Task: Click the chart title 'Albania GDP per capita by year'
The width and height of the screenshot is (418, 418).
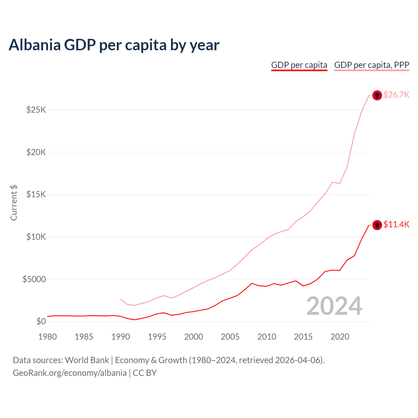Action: [x=114, y=45]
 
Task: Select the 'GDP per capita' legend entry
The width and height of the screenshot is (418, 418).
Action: [x=299, y=65]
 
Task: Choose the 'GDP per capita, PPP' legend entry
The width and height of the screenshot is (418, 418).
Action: [x=372, y=65]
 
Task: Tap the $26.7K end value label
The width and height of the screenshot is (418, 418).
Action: [x=396, y=95]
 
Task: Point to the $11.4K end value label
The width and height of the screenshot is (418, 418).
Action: [x=396, y=224]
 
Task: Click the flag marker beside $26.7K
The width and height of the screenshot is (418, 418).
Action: [x=377, y=95]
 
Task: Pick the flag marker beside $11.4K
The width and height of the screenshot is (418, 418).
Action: [x=377, y=225]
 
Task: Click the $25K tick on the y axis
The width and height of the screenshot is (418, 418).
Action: [x=36, y=110]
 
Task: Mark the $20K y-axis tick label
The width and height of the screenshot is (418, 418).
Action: [x=36, y=152]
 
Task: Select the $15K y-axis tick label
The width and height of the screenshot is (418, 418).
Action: [x=36, y=194]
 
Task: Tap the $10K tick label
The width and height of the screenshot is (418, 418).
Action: [x=36, y=237]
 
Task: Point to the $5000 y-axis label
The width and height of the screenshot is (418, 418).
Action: [x=34, y=279]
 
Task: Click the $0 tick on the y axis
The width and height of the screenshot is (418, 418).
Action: [x=41, y=321]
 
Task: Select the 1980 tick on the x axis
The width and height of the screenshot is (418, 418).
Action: [x=48, y=337]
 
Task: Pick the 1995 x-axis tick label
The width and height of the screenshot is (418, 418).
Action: [x=157, y=337]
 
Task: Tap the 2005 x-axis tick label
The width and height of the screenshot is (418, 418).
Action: [x=230, y=337]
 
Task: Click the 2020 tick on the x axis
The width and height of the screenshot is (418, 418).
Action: [x=340, y=337]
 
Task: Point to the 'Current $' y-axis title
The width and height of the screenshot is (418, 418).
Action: [x=14, y=202]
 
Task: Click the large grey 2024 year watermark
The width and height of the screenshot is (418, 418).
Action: [x=334, y=306]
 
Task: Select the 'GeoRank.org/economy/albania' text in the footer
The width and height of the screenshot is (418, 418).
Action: [x=70, y=373]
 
